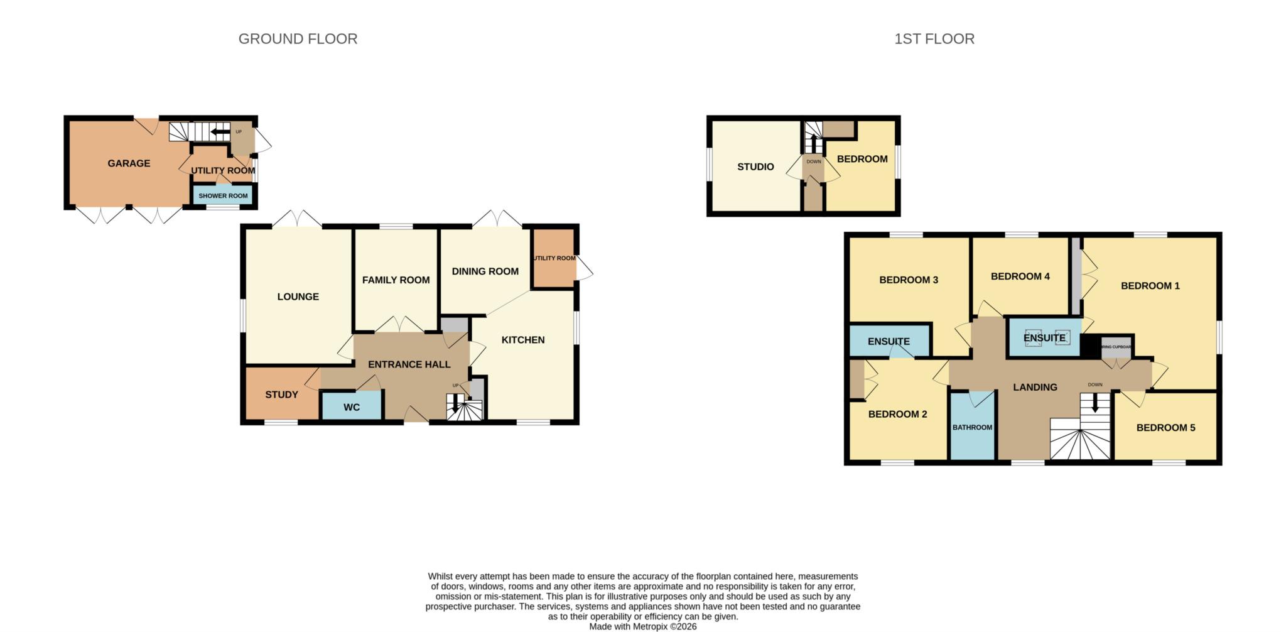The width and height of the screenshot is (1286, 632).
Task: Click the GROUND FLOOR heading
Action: pyautogui.click(x=298, y=39)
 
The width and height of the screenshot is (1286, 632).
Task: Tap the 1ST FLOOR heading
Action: pyautogui.click(x=934, y=39)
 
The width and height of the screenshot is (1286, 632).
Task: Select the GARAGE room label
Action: pyautogui.click(x=129, y=163)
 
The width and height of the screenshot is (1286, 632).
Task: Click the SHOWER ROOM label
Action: pyautogui.click(x=223, y=196)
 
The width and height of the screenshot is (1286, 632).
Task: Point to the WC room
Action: pyautogui.click(x=352, y=407)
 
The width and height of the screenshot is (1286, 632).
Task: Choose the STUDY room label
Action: pyautogui.click(x=281, y=395)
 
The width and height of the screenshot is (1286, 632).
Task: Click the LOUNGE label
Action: pyautogui.click(x=298, y=297)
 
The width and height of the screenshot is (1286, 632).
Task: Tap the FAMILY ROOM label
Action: pyautogui.click(x=396, y=280)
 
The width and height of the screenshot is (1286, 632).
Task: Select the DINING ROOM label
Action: pyautogui.click(x=485, y=271)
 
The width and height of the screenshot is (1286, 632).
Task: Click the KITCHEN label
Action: pyautogui.click(x=522, y=340)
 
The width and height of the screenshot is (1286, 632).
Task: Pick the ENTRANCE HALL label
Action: pyautogui.click(x=409, y=364)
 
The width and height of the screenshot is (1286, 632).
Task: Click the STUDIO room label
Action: pyautogui.click(x=755, y=167)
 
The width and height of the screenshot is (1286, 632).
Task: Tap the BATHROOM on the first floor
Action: pyautogui.click(x=972, y=427)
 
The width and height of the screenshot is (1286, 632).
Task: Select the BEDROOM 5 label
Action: pyautogui.click(x=1165, y=428)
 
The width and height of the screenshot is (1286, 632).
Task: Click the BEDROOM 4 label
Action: pyautogui.click(x=1020, y=276)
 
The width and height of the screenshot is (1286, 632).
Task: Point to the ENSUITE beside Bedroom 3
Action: pyautogui.click(x=889, y=341)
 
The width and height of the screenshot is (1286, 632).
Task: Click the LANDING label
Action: pyautogui.click(x=1035, y=388)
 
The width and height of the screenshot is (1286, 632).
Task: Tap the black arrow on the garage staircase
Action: pyautogui.click(x=220, y=132)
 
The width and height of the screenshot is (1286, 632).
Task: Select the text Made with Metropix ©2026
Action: pyautogui.click(x=642, y=626)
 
